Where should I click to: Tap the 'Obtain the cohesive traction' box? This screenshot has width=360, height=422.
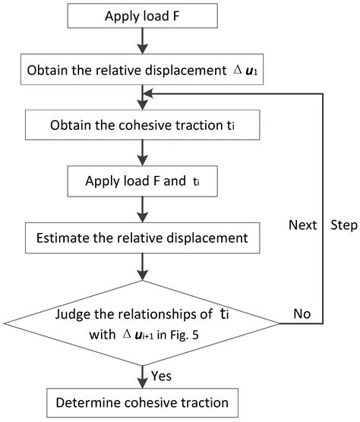coord(142,124)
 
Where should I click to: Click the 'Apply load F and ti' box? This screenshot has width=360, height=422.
coord(142,182)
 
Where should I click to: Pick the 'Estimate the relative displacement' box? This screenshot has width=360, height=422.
coord(142,238)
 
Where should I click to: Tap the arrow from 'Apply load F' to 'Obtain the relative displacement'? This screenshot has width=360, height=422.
coord(142,46)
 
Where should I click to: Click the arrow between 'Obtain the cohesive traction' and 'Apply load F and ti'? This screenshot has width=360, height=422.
coord(142,153)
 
